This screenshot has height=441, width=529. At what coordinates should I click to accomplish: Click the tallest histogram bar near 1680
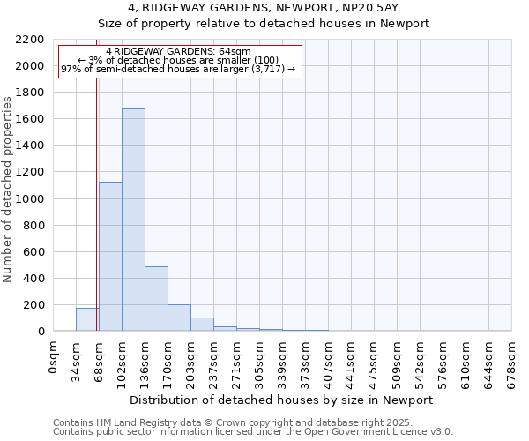click(133, 220)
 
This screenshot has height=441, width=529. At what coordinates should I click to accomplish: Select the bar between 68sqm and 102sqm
click(110, 256)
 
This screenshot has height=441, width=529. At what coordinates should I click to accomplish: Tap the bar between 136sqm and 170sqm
click(156, 298)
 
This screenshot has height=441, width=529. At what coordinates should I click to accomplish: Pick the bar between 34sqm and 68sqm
click(86, 319)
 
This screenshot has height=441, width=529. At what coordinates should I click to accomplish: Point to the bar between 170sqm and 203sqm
click(179, 318)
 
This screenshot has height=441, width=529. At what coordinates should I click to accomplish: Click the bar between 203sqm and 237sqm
click(202, 324)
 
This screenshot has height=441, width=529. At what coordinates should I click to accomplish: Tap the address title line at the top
click(264, 8)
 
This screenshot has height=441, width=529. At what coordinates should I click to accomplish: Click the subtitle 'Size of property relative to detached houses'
click(264, 24)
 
